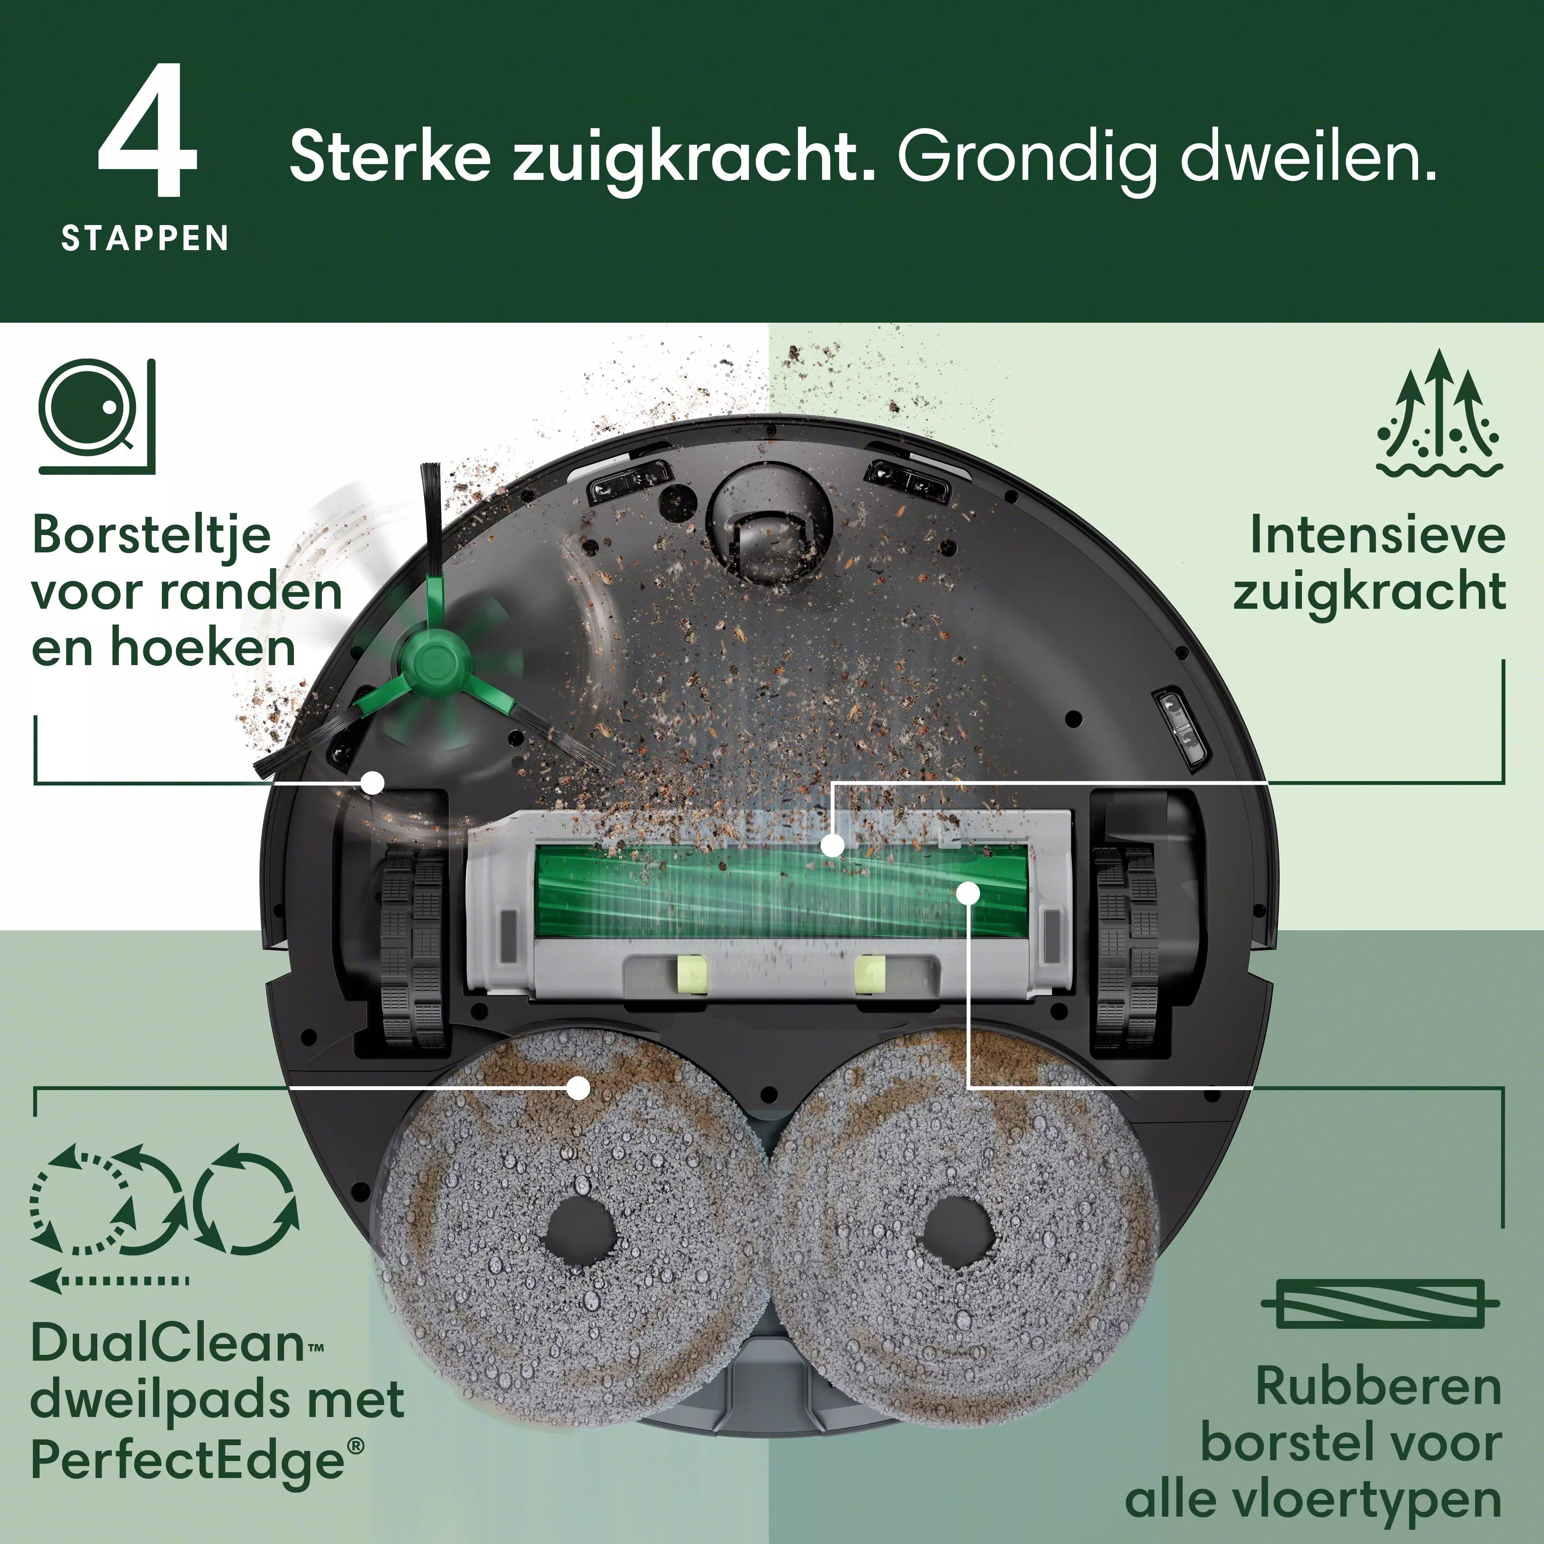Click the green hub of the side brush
pyautogui.click(x=432, y=662)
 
